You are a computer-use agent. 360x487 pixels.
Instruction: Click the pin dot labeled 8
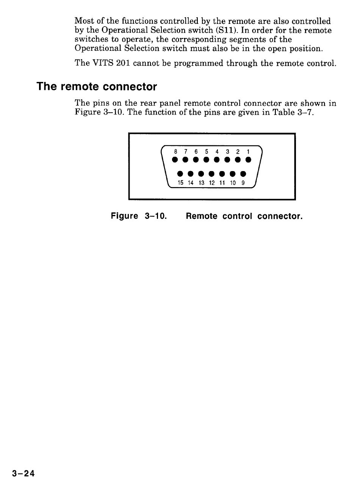click(x=175, y=160)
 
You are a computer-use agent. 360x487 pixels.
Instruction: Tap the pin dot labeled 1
click(x=248, y=160)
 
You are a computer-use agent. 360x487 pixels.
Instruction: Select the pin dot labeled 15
click(x=180, y=174)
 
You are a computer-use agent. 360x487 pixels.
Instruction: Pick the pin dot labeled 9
click(x=244, y=174)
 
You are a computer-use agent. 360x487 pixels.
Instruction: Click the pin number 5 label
click(x=206, y=152)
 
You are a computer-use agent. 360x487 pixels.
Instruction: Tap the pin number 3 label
click(x=227, y=152)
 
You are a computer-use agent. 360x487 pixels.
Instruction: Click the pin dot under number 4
click(x=217, y=160)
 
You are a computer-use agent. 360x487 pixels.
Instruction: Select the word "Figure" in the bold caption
click(x=124, y=216)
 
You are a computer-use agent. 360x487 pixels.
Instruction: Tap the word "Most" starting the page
click(x=83, y=20)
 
